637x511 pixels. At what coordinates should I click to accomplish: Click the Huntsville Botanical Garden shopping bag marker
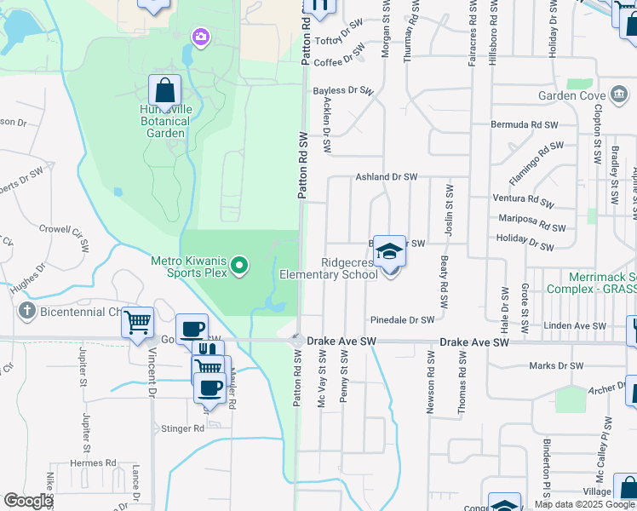pyautogui.click(x=164, y=90)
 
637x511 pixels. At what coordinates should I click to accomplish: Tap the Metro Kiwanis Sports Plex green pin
pyautogui.click(x=239, y=267)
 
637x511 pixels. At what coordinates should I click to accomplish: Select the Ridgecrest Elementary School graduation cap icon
pyautogui.click(x=389, y=251)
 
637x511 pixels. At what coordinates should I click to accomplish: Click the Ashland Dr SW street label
pyautogui.click(x=386, y=176)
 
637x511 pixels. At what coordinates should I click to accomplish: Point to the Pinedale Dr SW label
pyautogui.click(x=402, y=319)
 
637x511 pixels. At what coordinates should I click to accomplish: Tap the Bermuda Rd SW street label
pyautogui.click(x=524, y=124)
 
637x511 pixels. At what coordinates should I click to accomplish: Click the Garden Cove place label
pyautogui.click(x=570, y=95)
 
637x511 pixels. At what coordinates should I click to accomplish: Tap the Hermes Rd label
pyautogui.click(x=93, y=462)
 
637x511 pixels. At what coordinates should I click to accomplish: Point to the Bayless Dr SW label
pyautogui.click(x=343, y=90)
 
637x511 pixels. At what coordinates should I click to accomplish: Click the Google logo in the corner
pyautogui.click(x=27, y=501)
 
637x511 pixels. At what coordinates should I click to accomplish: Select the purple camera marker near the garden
pyautogui.click(x=200, y=36)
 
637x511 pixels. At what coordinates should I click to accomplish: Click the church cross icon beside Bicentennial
pyautogui.click(x=28, y=311)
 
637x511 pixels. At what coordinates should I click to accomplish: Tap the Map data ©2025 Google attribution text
pyautogui.click(x=583, y=504)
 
